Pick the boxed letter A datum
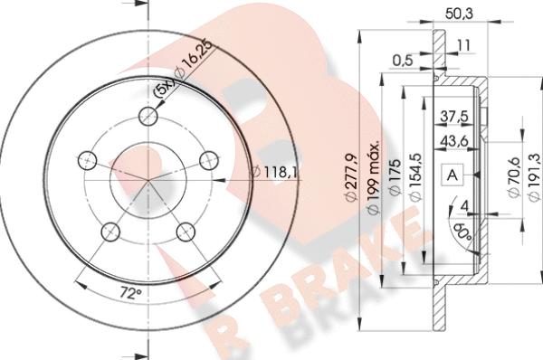pyautogui.click(x=451, y=175)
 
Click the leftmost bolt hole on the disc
pyautogui.click(x=88, y=159)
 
